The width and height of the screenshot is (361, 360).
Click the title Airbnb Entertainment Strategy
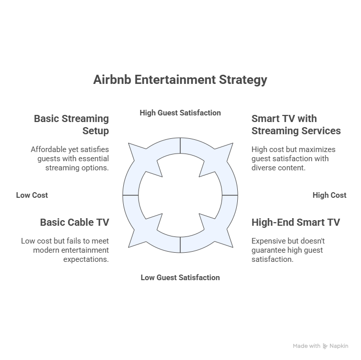tap(180, 80)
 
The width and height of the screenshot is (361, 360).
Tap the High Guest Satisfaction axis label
tap(180, 113)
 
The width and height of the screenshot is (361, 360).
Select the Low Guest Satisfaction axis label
tap(180, 278)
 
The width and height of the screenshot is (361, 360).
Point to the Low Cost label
tap(32, 195)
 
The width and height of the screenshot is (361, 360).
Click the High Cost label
tap(329, 195)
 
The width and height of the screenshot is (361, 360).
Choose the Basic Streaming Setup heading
tap(71, 125)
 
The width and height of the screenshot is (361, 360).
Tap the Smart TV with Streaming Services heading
tap(296, 125)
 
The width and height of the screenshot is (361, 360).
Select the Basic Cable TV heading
tap(75, 222)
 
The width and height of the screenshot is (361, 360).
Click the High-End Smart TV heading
tap(296, 222)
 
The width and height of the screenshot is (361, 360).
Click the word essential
tap(94, 159)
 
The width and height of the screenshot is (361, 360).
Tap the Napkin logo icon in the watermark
tap(325, 346)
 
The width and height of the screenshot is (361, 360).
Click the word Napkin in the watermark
tap(339, 346)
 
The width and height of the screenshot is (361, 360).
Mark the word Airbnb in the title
tap(113, 80)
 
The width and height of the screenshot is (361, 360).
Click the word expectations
tap(86, 259)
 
